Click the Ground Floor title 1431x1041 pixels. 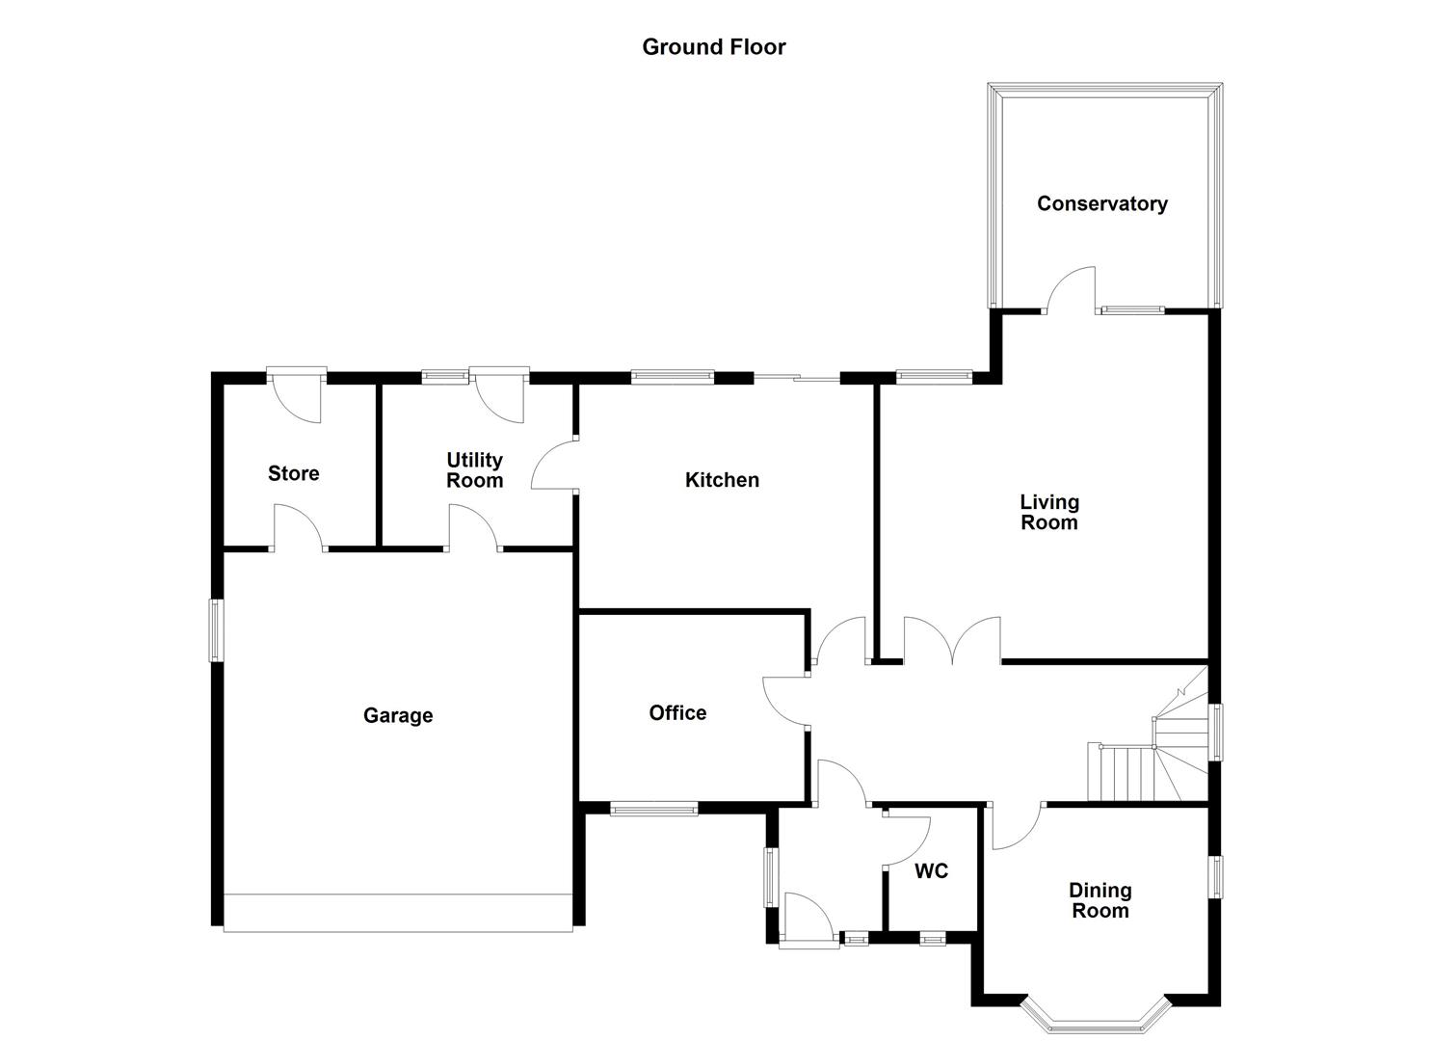click(x=713, y=47)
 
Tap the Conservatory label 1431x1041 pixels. click(x=1101, y=203)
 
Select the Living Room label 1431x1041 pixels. click(x=1048, y=512)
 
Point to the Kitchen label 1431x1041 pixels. click(x=722, y=480)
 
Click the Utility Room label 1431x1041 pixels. click(x=474, y=469)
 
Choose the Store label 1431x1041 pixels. click(x=293, y=473)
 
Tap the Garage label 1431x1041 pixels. click(x=397, y=715)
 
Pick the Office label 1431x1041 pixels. click(x=677, y=712)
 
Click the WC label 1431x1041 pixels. click(x=931, y=871)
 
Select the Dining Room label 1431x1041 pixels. click(x=1100, y=900)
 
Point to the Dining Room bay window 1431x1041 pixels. click(x=1095, y=1012)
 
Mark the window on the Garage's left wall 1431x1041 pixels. click(x=216, y=630)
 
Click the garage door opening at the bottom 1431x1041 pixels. click(x=398, y=913)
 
